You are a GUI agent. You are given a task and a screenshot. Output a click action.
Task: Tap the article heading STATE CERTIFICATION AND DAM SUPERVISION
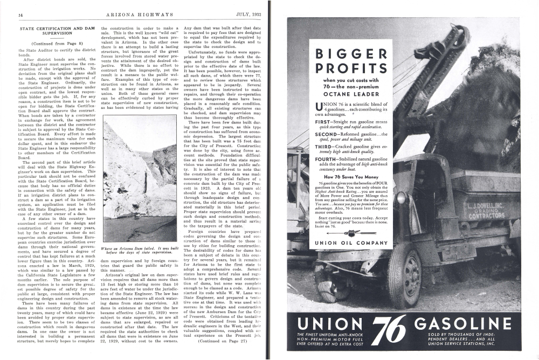click(57, 30)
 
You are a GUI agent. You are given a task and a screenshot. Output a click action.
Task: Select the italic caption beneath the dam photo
click(139, 251)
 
